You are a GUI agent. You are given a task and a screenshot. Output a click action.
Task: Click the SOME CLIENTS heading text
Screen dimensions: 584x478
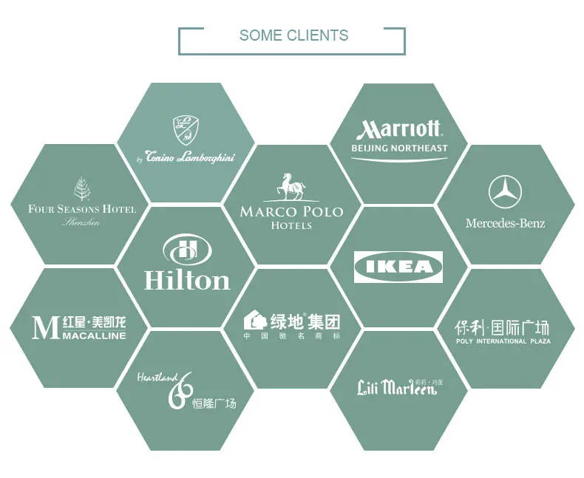pyautogui.click(x=293, y=35)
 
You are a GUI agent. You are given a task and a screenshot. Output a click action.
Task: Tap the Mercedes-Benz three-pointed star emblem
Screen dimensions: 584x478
pyautogui.click(x=505, y=192)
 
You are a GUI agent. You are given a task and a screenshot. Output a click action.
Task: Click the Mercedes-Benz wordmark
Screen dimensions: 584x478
pyautogui.click(x=505, y=223)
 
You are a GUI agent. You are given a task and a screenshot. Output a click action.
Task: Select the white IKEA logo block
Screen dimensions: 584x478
pyautogui.click(x=398, y=267)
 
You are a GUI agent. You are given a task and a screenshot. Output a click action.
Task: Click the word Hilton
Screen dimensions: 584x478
pyautogui.click(x=187, y=280)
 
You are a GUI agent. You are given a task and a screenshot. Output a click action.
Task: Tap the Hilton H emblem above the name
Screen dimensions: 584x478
pyautogui.click(x=186, y=250)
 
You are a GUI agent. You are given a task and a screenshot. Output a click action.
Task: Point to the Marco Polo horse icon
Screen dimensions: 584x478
pyautogui.click(x=291, y=187)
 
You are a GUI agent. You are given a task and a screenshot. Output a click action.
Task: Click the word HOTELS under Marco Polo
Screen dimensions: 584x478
pyautogui.click(x=291, y=225)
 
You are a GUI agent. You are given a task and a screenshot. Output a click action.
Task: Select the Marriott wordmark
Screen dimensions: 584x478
pyautogui.click(x=399, y=130)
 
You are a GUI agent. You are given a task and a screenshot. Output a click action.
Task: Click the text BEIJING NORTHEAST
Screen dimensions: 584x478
pyautogui.click(x=399, y=148)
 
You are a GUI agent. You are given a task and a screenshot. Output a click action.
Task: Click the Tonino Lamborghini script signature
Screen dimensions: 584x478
pyautogui.click(x=191, y=157)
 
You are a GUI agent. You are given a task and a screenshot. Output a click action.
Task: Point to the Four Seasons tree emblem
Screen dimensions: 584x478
pyautogui.click(x=81, y=188)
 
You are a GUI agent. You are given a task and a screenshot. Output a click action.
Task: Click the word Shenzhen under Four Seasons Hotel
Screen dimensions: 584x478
pyautogui.click(x=81, y=222)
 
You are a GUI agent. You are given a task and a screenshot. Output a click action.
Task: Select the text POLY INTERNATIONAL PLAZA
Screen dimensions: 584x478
pyautogui.click(x=503, y=341)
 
